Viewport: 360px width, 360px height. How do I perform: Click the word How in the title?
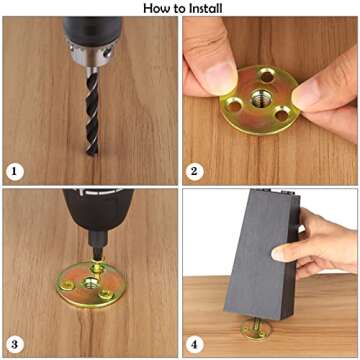pos(156,8)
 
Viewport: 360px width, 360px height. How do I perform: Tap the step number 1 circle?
pos(15,172)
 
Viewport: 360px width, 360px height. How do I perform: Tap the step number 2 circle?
pos(194,172)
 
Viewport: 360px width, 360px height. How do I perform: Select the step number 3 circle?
pos(15,344)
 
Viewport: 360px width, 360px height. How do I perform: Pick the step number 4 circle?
pos(194,344)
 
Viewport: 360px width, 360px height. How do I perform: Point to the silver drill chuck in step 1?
pos(90,53)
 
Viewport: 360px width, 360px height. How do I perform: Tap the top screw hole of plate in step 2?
pos(267,76)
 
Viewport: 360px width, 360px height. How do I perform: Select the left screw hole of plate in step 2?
pos(235,106)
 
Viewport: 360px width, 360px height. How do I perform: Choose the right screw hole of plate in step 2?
pos(282,114)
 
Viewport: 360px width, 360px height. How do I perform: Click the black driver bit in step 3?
pos(98,245)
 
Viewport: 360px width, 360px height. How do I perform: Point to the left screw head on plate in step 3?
pos(69,284)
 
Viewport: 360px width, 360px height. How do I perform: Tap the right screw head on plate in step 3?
pos(106,293)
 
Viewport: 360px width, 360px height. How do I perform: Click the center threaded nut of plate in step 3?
pos(91,283)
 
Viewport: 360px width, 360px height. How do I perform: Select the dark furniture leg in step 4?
pos(262,254)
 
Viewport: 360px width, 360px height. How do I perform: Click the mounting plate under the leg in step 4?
pos(255,330)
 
